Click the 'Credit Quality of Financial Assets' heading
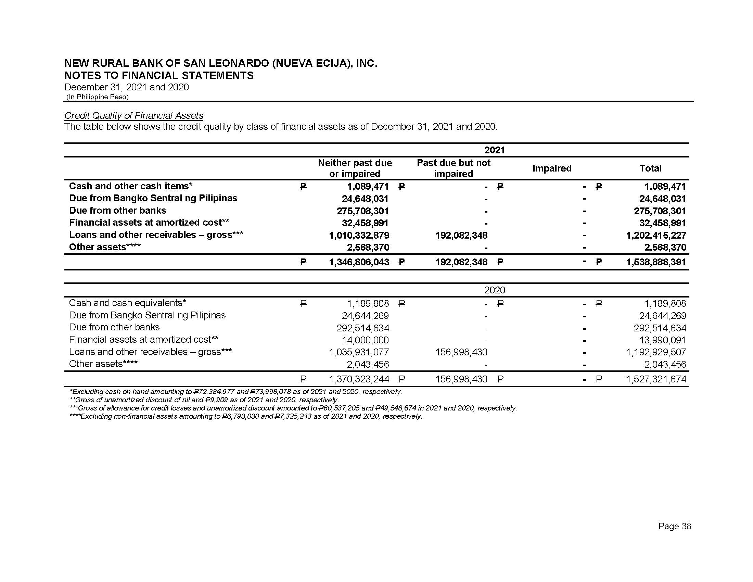pos(134,115)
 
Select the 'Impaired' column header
pos(552,168)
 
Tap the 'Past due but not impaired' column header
pos(454,168)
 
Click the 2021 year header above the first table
pos(494,150)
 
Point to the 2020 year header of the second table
pos(494,290)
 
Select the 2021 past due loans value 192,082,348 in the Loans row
pos(461,236)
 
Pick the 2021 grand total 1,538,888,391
pos(656,262)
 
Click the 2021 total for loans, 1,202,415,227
pos(656,236)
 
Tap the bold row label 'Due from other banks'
pos(117,211)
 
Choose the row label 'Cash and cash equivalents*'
pos(128,303)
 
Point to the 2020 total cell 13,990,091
pos(662,340)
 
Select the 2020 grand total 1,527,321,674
pos(656,380)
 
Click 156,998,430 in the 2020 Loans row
pos(461,352)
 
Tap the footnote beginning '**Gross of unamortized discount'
pos(204,400)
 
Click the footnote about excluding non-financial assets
pos(246,417)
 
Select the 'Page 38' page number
pos(674,526)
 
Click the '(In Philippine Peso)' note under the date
pos(97,97)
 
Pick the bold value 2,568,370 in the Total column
pos(665,248)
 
